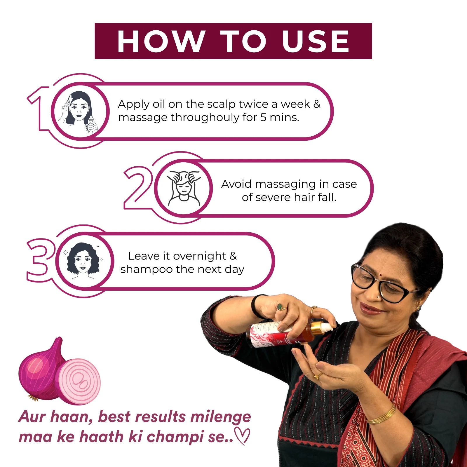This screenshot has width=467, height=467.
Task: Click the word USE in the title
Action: coord(316,41)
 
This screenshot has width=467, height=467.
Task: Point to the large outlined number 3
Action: coord(39,260)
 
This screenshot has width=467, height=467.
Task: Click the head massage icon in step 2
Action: coord(184,188)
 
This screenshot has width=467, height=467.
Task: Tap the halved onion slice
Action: coord(78,381)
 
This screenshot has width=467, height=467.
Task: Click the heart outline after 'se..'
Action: coord(243,436)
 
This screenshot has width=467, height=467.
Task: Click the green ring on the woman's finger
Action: coord(280,307)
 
